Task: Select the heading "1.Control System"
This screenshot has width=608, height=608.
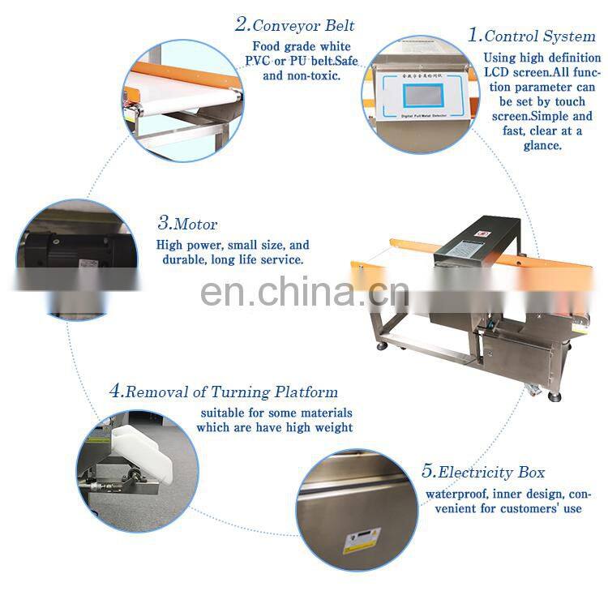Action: point(532,36)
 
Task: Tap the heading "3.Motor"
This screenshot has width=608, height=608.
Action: point(187,224)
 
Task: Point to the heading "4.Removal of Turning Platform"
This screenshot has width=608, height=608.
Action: point(223,392)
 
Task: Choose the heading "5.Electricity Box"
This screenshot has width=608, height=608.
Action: point(483,472)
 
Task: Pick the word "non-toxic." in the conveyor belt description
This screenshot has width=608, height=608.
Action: point(313,75)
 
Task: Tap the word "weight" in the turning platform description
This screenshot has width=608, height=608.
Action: point(333,427)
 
